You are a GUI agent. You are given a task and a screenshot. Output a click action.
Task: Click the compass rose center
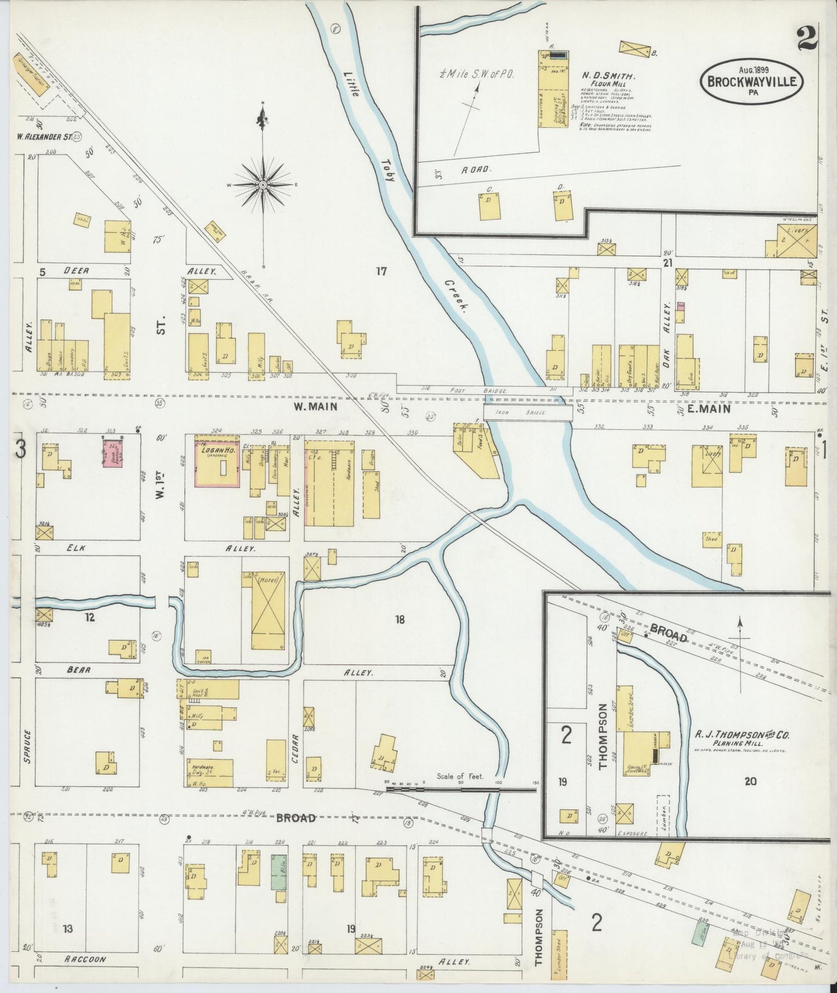coord(263,184)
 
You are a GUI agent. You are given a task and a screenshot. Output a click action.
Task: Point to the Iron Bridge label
coord(528,413)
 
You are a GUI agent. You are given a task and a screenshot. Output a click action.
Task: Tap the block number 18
coord(400,620)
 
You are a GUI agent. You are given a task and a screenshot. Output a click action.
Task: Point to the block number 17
coord(381,271)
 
